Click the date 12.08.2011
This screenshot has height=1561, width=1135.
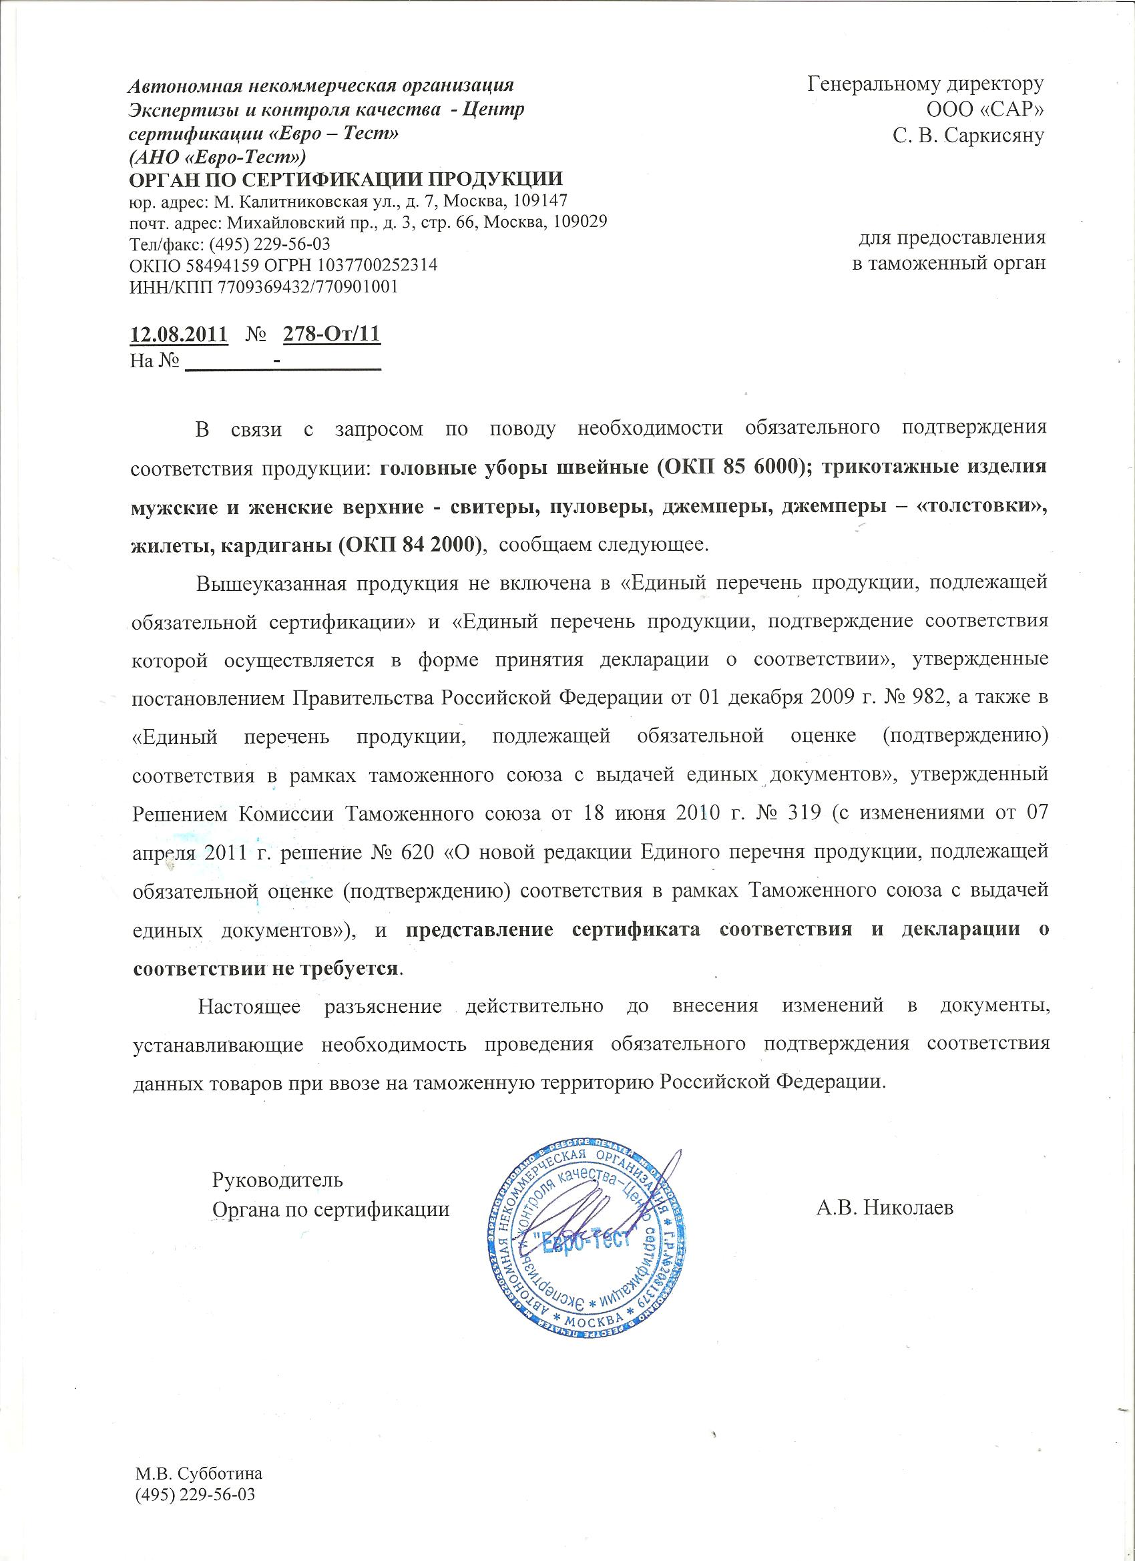point(179,334)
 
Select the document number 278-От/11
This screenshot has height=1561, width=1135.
point(332,334)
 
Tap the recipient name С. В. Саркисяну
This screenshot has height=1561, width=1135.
point(969,136)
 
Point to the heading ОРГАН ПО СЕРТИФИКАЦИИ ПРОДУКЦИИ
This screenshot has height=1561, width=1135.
point(347,180)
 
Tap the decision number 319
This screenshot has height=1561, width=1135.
point(801,813)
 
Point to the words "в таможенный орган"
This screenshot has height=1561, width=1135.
point(949,263)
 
